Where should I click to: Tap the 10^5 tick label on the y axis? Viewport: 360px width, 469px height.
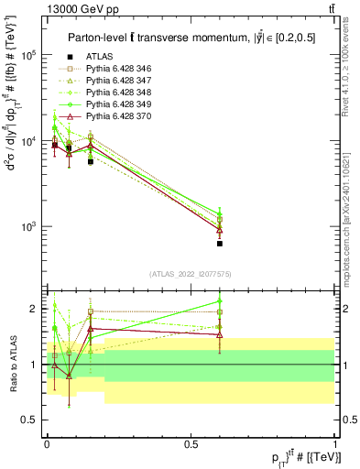[27, 55]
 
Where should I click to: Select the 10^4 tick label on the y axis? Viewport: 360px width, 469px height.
[27, 140]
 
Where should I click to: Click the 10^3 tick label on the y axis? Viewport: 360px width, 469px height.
[27, 225]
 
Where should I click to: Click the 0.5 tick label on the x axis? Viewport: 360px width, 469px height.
[191, 443]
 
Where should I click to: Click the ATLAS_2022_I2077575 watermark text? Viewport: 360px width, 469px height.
[191, 274]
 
